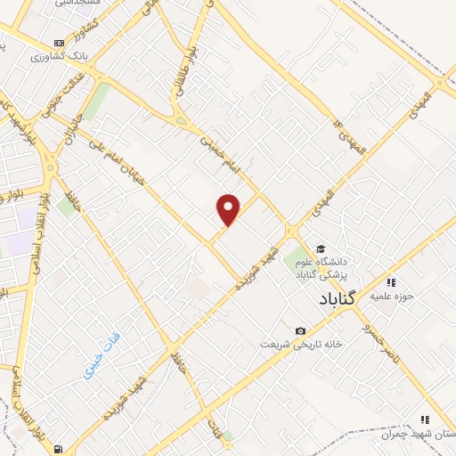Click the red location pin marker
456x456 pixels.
click(229, 210)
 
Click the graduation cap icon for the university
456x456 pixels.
click(320, 248)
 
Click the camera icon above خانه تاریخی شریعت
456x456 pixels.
click(300, 330)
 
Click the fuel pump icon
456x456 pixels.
click(59, 447)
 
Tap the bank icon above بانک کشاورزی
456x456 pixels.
click(59, 42)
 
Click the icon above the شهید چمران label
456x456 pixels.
click(425, 419)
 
